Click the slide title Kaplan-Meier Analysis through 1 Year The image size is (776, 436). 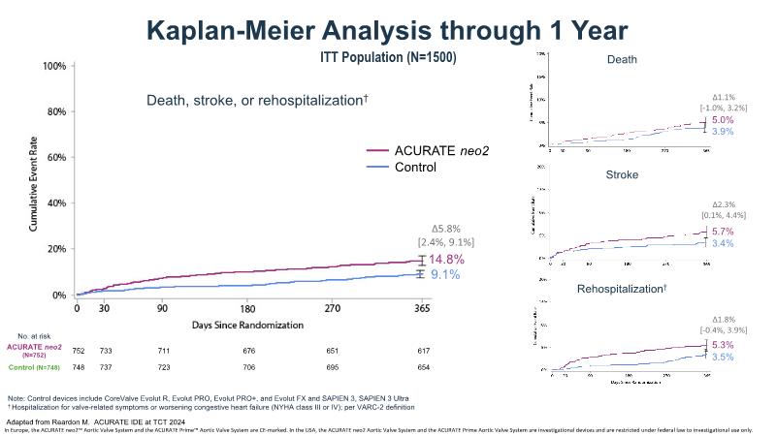tap(387, 29)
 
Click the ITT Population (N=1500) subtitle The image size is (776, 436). tap(387, 58)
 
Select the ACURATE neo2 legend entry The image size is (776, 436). tap(435, 150)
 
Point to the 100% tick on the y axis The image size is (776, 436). tap(54, 66)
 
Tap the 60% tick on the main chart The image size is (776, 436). tap(55, 157)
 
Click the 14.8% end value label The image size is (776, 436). tap(447, 260)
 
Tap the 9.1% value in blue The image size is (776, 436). tap(444, 275)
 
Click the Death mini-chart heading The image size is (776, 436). tap(622, 61)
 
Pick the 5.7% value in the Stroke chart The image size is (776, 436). tap(723, 233)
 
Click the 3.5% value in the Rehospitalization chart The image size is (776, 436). tap(723, 358)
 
